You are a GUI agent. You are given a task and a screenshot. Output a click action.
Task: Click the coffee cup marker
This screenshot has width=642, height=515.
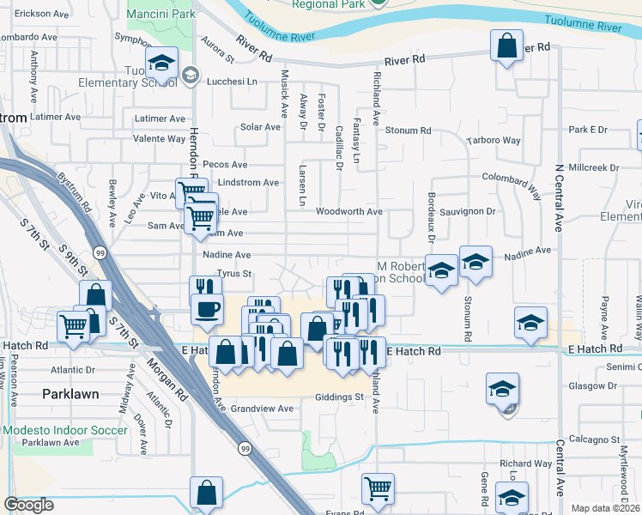206,308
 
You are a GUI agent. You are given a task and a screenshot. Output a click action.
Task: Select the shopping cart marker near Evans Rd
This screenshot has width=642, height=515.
378,488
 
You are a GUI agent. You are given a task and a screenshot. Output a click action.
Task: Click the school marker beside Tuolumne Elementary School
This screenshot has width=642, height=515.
160,62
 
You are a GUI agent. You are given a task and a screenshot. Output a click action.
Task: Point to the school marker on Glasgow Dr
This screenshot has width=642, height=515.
502,388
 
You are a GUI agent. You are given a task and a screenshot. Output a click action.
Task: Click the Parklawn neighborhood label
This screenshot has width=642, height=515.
70,394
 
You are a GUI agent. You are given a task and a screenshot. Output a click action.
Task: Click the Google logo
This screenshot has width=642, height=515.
29,505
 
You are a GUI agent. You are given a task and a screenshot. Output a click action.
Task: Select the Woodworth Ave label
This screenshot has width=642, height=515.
348,211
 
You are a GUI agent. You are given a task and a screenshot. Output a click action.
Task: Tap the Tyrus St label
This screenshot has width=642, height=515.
233,275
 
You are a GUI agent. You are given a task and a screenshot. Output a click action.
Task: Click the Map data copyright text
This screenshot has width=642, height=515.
605,508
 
